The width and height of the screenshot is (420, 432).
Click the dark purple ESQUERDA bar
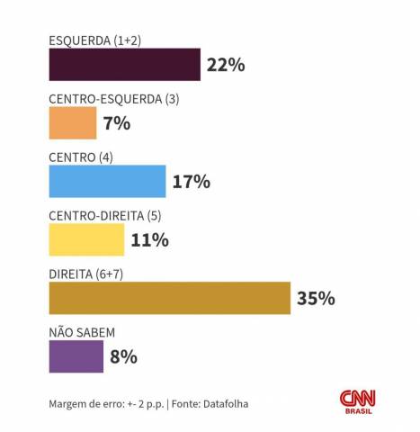(x=124, y=65)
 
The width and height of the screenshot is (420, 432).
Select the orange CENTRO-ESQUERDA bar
(x=73, y=123)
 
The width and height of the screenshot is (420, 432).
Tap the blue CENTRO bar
(x=107, y=181)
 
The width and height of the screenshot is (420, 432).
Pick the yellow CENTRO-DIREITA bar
(x=86, y=239)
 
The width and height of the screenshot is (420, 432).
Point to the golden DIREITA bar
(x=169, y=298)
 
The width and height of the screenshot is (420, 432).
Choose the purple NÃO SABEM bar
(x=76, y=356)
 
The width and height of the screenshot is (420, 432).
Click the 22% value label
(x=225, y=65)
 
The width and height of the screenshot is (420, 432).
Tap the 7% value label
(x=117, y=123)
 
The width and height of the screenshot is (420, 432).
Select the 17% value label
(x=191, y=182)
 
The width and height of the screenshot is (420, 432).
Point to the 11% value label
(x=149, y=240)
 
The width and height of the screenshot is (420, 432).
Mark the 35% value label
(x=316, y=298)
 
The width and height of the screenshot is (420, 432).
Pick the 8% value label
(x=123, y=356)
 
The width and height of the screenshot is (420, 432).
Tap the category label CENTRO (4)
(x=80, y=157)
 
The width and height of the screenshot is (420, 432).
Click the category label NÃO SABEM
(x=82, y=332)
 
